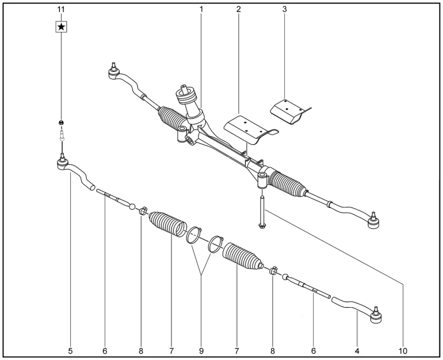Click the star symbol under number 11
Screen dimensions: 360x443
(60, 27)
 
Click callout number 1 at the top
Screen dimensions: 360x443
(201, 10)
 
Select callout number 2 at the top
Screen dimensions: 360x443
(238, 10)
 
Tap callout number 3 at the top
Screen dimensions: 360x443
(284, 10)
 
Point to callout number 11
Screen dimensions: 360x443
(60, 10)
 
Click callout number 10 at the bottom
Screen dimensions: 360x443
(402, 349)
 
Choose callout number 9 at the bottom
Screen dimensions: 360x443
(201, 349)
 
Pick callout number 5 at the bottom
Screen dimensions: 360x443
(70, 349)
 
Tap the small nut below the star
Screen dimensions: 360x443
(60, 122)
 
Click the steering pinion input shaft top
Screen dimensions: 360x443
(185, 88)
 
